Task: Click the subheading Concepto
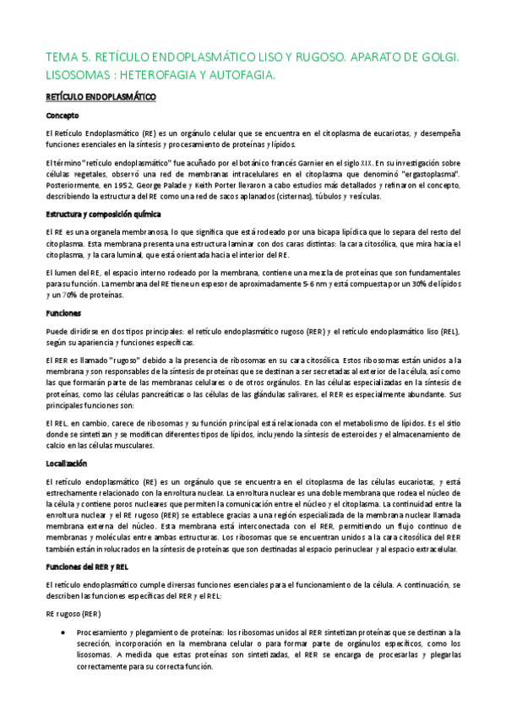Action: coord(63,116)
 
